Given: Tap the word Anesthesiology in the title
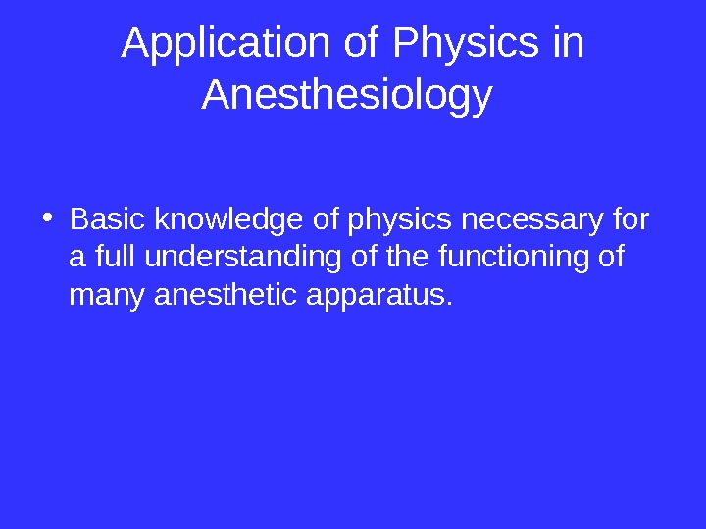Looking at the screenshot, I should point(346,96).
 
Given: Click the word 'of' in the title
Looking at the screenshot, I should point(363,44).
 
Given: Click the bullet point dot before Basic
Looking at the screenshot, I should point(49,219).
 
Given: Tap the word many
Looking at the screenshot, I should point(109,294).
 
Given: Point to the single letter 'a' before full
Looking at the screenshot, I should point(77,258).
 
